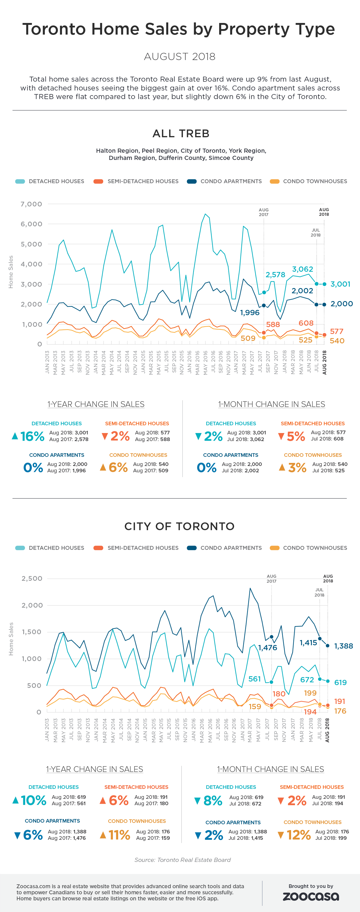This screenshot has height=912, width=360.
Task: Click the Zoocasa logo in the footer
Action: [x=310, y=896]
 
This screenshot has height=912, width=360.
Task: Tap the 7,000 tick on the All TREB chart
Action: [x=32, y=204]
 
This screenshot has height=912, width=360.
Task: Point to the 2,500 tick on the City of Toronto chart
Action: [x=32, y=579]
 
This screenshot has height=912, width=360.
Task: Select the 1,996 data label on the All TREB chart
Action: [x=250, y=313]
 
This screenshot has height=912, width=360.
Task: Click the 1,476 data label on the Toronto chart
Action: [x=268, y=648]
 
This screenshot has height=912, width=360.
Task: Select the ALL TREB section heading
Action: [x=181, y=133]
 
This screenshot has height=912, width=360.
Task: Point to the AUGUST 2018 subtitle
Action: [x=180, y=57]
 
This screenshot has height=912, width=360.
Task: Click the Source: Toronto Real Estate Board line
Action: [x=183, y=860]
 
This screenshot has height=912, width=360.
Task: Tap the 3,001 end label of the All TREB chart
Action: [x=340, y=284]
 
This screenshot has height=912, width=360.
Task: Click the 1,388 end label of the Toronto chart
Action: [x=343, y=646]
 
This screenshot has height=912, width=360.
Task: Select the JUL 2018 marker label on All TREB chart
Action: [x=315, y=233]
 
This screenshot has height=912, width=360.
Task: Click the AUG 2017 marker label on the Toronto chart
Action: [x=271, y=579]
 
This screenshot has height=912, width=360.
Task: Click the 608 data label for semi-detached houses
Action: [x=306, y=323]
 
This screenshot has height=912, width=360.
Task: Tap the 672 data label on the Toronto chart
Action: [x=307, y=679]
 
